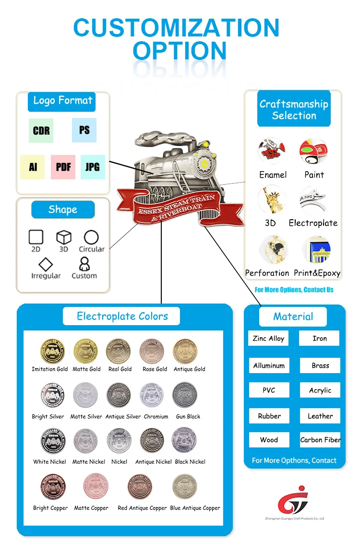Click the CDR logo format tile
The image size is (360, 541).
tap(41, 130)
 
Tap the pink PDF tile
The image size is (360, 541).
tap(63, 167)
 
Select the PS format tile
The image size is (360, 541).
tap(84, 130)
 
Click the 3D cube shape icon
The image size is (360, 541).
tap(64, 237)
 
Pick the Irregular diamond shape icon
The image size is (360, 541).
tap(46, 264)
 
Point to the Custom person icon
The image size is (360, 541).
tap(84, 264)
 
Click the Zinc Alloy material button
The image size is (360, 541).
tap(269, 338)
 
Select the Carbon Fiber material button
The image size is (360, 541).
tap(320, 440)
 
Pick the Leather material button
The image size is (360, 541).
tap(320, 416)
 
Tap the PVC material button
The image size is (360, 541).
tap(269, 390)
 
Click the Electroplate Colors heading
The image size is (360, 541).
tap(122, 316)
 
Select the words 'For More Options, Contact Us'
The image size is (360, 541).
tap(294, 290)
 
